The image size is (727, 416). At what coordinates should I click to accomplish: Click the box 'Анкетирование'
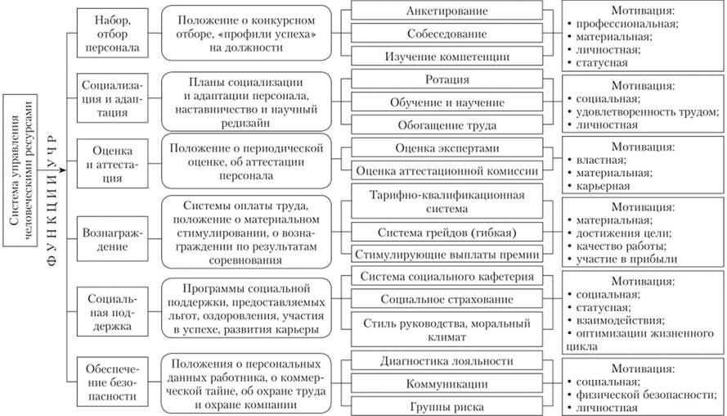447,11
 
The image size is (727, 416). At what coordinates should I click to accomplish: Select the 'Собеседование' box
447,34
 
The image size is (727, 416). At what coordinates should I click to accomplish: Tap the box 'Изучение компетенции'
447,57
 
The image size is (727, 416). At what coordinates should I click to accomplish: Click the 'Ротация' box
447,79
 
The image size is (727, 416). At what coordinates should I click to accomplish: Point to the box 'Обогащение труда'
447,124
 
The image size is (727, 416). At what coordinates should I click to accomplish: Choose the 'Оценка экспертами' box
447,148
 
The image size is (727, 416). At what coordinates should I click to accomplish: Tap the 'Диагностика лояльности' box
447,361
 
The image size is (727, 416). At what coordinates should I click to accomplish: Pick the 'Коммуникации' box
447,383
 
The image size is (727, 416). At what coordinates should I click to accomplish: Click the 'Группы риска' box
447,406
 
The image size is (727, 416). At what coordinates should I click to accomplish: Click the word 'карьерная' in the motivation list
604,186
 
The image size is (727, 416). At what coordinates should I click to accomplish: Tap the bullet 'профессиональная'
627,24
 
